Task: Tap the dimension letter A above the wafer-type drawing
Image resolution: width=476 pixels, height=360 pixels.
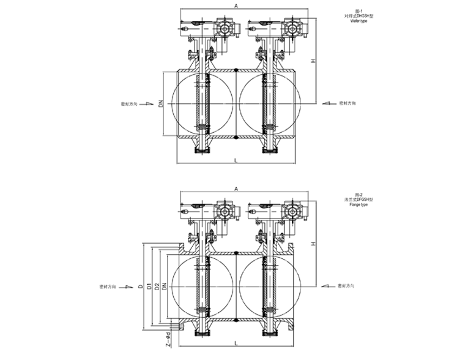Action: (x=236, y=6)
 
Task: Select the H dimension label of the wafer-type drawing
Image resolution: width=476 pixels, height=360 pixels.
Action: (x=312, y=61)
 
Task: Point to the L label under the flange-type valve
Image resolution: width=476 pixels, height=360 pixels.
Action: (x=236, y=343)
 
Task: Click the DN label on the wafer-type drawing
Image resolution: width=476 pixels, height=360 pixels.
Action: (x=161, y=105)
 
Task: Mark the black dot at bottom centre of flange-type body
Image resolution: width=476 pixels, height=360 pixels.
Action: (x=236, y=321)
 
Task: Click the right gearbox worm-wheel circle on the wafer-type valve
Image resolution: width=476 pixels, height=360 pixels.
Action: (x=292, y=29)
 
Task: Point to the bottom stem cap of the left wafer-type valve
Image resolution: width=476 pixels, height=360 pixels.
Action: (x=203, y=150)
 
